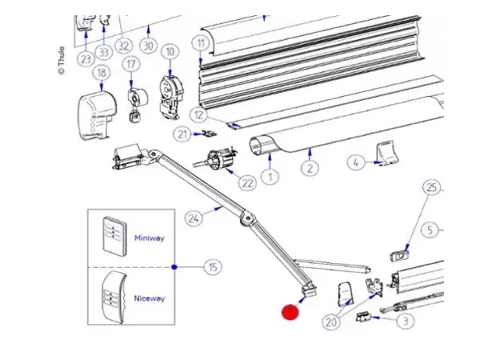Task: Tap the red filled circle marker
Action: (290, 311)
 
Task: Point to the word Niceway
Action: (149, 298)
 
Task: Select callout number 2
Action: (310, 167)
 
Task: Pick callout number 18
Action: (101, 73)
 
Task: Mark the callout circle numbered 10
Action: (168, 52)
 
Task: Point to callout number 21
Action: (182, 134)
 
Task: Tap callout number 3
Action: (406, 322)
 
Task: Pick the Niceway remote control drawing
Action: (113, 298)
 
